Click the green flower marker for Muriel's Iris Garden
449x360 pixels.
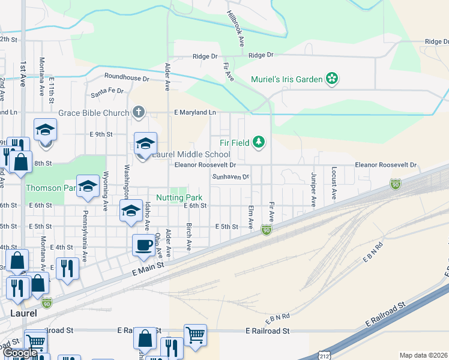click(331, 78)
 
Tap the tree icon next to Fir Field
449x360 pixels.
click(259, 142)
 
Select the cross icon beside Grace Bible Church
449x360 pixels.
click(139, 112)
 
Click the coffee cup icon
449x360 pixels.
click(143, 245)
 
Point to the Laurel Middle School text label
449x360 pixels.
click(190, 155)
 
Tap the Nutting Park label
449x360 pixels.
click(179, 197)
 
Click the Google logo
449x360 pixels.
click(20, 353)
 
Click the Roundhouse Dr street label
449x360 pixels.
click(126, 77)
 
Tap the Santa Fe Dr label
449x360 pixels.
click(107, 91)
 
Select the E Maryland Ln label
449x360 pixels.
click(195, 112)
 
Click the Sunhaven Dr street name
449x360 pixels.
click(231, 176)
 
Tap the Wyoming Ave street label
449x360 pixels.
click(106, 191)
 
